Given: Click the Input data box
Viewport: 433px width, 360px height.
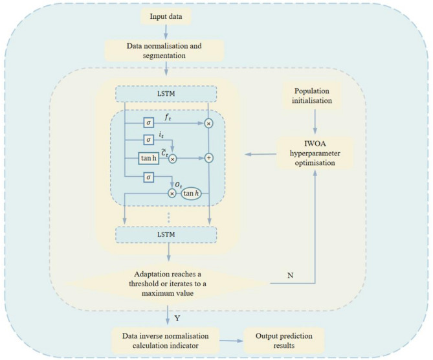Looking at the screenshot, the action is [x=166, y=16].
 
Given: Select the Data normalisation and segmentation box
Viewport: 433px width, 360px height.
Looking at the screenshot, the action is [x=164, y=51].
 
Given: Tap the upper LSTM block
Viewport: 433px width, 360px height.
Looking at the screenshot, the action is [x=166, y=94].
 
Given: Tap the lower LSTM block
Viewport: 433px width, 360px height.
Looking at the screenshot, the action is [x=166, y=235].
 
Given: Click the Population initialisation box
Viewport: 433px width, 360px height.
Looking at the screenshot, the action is [x=312, y=96].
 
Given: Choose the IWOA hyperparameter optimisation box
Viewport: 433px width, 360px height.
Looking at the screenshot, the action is [x=315, y=153].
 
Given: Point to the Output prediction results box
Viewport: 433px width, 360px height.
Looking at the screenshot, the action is [x=284, y=341].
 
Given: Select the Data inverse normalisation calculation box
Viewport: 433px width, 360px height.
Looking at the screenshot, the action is [x=166, y=341].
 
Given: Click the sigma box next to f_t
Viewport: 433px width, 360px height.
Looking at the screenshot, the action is [x=149, y=122].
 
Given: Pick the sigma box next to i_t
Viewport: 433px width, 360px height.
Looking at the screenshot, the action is [x=149, y=139].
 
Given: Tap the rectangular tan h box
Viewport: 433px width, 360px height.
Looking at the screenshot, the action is [x=149, y=158].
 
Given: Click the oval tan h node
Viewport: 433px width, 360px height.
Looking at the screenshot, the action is [x=191, y=194].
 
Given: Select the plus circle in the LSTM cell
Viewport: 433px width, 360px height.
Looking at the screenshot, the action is [x=209, y=158].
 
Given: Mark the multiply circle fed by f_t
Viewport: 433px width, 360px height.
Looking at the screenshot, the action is [x=209, y=124].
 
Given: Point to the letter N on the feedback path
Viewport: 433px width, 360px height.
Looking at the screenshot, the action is [x=290, y=275].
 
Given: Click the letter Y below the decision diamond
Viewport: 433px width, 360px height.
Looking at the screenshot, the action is [x=177, y=319].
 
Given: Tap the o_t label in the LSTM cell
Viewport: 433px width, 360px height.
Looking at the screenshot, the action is [x=179, y=185].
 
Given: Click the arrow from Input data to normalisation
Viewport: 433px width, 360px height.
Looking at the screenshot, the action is [x=166, y=32].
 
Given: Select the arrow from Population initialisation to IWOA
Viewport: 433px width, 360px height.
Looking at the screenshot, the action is [x=315, y=122].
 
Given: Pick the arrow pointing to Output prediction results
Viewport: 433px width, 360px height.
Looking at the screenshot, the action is [x=232, y=341].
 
